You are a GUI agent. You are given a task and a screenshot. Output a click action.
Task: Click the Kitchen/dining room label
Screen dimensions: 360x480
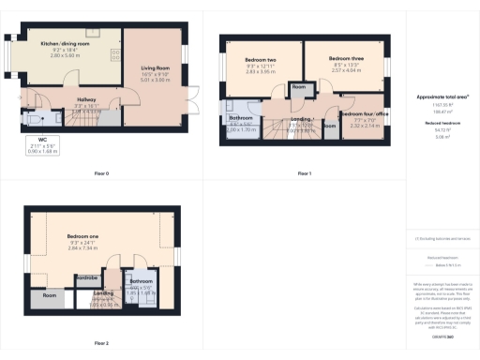click(65, 44)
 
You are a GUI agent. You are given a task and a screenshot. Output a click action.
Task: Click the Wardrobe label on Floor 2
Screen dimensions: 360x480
click(87, 277)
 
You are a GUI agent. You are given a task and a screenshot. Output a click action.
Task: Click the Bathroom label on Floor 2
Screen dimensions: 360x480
click(141, 281)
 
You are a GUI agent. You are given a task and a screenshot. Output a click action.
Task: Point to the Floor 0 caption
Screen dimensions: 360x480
click(102, 173)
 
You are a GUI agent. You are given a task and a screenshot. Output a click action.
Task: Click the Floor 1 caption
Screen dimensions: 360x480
click(304, 173)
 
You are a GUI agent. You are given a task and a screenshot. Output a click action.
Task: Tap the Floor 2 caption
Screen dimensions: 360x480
click(102, 343)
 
